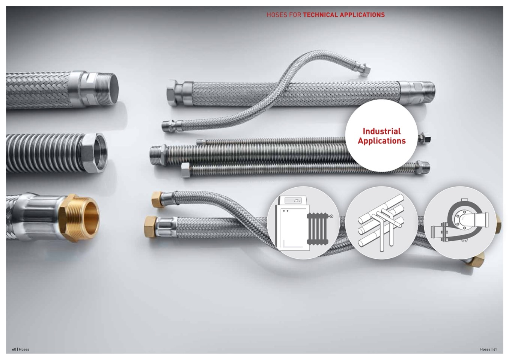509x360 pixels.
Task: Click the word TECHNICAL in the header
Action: coord(321,15)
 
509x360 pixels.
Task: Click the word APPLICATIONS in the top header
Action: coord(362,15)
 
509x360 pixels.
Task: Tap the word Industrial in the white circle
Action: coord(381,131)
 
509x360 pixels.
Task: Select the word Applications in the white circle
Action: coord(381,141)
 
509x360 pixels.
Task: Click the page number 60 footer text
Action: coord(14,349)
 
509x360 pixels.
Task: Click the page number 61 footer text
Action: coord(495,349)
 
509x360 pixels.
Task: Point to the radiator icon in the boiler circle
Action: coord(318,229)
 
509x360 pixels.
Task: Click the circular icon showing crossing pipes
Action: coord(381,223)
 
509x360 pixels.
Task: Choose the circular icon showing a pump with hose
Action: coord(460,223)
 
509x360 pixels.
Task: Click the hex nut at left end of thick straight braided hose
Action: coord(172,93)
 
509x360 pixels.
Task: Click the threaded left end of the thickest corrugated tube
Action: coord(156,155)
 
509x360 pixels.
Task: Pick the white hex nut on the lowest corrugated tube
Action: coord(186,170)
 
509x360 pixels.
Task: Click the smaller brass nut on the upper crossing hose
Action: coord(157,199)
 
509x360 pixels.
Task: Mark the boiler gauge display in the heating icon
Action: coord(293,200)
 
